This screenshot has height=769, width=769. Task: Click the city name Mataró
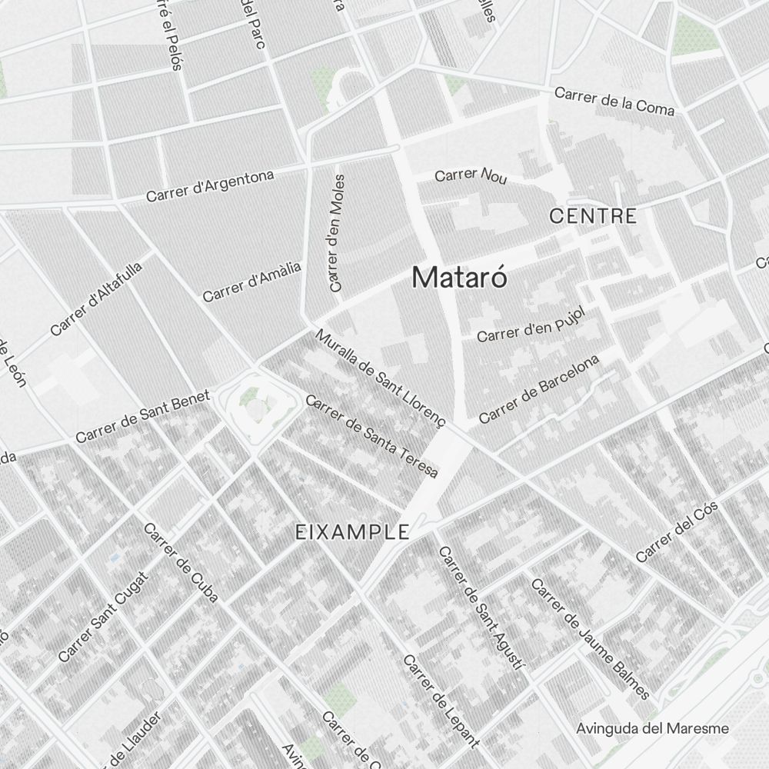(x=460, y=277)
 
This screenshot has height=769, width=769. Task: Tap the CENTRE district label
(x=593, y=216)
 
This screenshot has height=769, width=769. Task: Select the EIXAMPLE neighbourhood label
(x=352, y=532)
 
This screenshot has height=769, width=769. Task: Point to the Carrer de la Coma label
(x=614, y=101)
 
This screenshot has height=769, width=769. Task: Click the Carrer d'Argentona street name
(x=210, y=186)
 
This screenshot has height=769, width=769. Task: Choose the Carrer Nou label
(x=471, y=175)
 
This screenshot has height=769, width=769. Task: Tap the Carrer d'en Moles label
(x=337, y=232)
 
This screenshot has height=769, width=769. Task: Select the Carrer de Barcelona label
(x=538, y=389)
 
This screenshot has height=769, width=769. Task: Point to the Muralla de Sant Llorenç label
(x=380, y=378)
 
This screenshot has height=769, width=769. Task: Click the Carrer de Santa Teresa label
(x=371, y=436)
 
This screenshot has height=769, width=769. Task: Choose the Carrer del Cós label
(x=677, y=531)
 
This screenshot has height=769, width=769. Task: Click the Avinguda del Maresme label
(x=652, y=727)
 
